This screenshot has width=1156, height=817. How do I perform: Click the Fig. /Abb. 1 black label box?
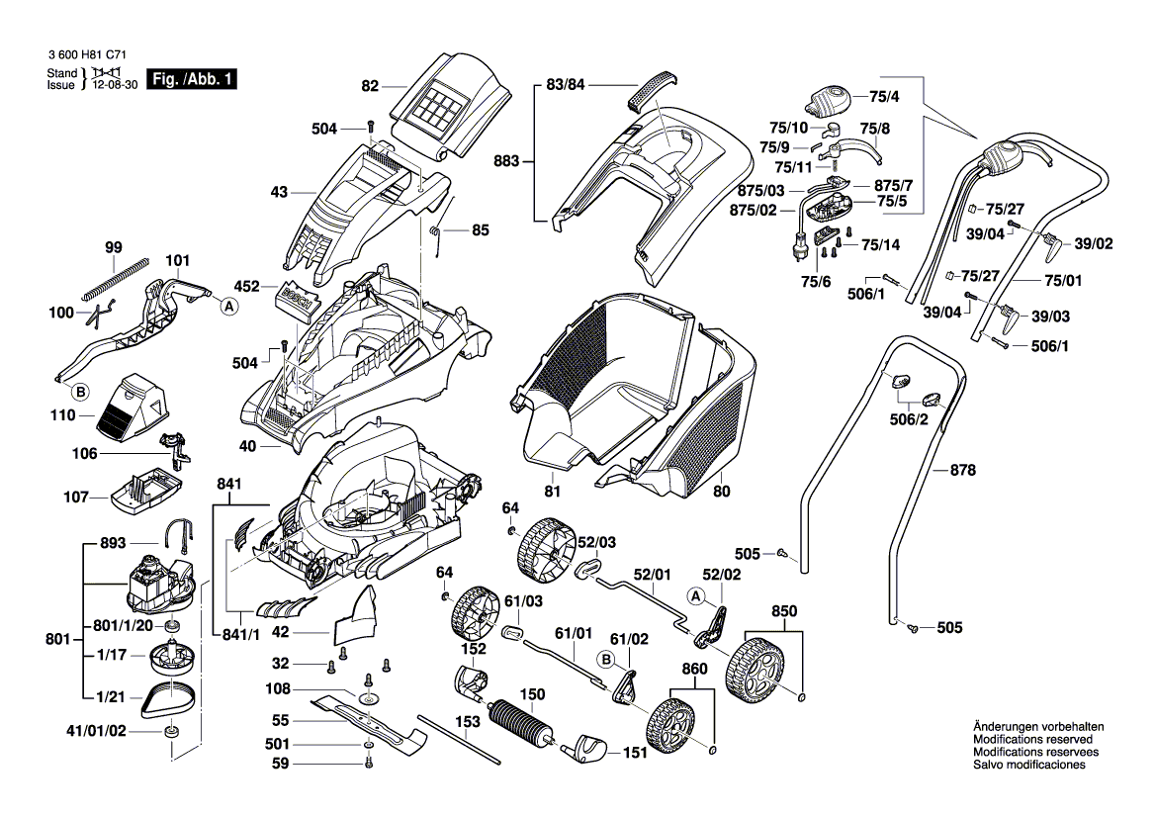pyautogui.click(x=190, y=79)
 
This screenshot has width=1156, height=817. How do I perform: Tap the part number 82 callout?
pyautogui.click(x=370, y=87)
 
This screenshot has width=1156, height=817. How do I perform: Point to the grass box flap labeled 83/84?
pyautogui.click(x=650, y=90)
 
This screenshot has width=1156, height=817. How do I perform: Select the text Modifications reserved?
pyautogui.click(x=1032, y=739)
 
